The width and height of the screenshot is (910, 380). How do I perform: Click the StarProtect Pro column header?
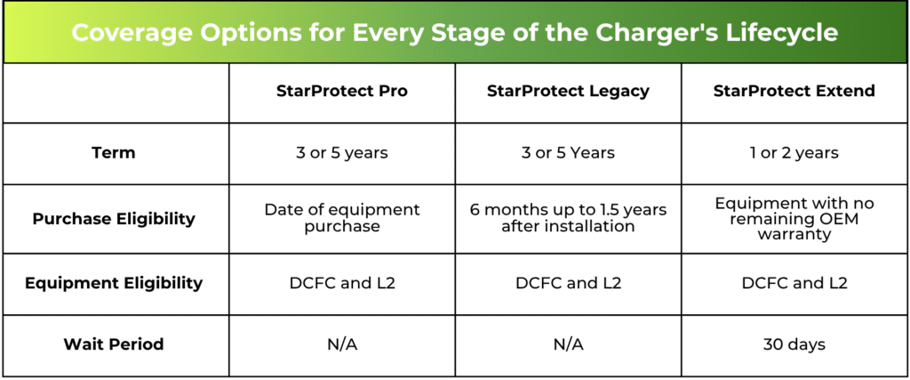click(342, 92)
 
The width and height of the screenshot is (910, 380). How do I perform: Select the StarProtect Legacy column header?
click(568, 92)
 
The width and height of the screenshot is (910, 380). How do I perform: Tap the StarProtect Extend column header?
click(794, 92)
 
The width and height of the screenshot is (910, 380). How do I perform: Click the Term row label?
click(114, 153)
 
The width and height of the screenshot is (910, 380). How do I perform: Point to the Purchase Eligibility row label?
click(114, 218)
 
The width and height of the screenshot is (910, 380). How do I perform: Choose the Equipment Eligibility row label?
click(114, 283)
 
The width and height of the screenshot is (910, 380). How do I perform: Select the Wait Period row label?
click(114, 344)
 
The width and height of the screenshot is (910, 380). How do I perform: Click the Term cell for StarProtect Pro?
click(342, 153)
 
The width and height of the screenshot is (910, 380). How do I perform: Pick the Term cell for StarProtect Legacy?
click(568, 153)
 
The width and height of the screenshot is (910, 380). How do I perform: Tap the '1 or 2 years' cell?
click(794, 153)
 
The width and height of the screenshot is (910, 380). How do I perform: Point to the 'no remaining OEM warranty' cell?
click(794, 219)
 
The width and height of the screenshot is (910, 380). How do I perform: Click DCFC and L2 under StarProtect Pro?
click(342, 284)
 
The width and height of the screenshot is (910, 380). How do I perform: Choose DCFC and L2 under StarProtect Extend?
click(794, 284)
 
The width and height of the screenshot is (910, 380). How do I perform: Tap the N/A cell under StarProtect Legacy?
click(568, 344)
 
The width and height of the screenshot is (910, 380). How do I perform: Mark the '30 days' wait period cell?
click(794, 344)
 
